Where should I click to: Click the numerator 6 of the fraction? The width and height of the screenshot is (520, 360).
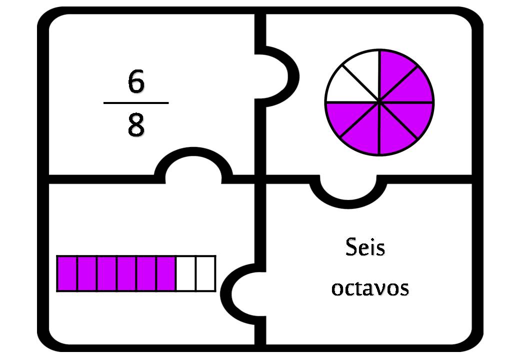[136, 80]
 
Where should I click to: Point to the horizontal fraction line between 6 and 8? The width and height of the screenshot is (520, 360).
[136, 103]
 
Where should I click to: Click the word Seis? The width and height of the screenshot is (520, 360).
[365, 247]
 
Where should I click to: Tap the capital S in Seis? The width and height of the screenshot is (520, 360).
[351, 247]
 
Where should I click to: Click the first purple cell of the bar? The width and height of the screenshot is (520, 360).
[67, 273]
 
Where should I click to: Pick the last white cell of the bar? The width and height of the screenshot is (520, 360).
[205, 273]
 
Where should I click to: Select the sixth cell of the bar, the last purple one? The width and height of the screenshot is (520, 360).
[166, 273]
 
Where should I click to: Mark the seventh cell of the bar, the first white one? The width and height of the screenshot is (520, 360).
[185, 273]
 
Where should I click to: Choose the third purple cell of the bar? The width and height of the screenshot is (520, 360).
[107, 273]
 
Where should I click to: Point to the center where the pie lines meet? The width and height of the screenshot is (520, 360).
[379, 102]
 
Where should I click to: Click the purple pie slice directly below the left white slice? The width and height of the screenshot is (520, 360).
[345, 116]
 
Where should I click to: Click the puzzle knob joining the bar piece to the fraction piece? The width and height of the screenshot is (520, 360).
[193, 164]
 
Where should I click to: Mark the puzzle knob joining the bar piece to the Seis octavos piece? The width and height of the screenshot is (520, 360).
[242, 294]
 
